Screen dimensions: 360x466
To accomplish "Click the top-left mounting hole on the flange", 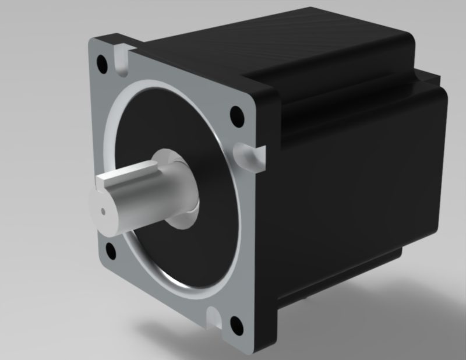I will [104, 60].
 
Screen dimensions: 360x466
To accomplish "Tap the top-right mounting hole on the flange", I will [236, 114].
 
